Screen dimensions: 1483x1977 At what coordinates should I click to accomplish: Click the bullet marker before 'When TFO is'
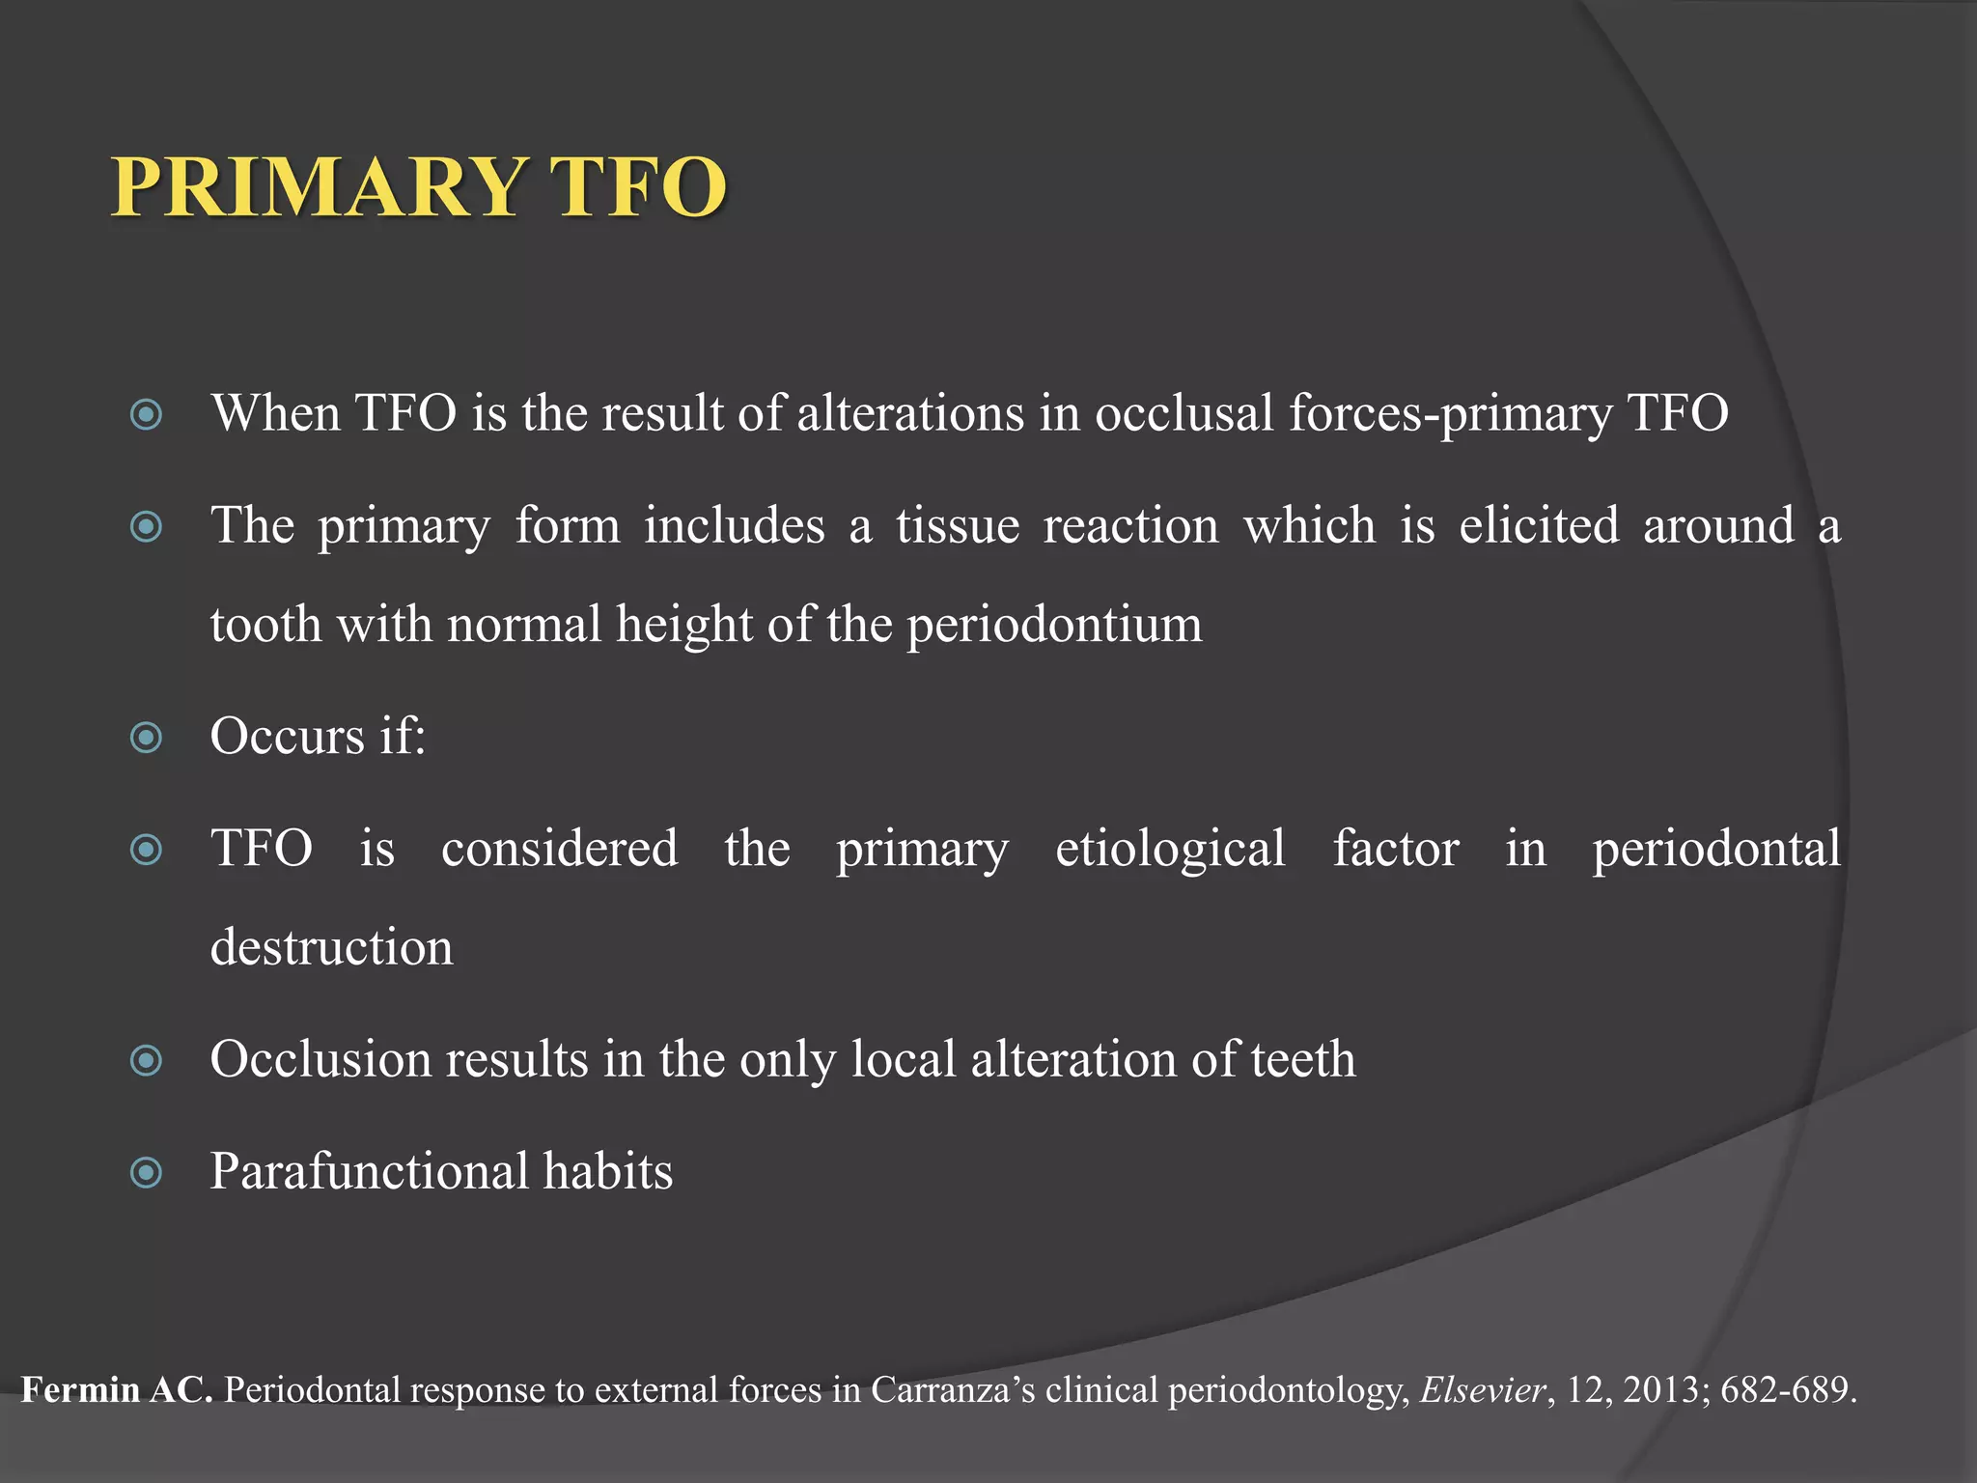(x=146, y=416)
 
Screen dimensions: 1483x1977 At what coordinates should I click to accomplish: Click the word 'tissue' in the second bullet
(x=957, y=526)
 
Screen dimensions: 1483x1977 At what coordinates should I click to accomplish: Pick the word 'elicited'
(x=1538, y=526)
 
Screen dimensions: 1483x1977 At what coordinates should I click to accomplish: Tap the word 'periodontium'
(x=1054, y=626)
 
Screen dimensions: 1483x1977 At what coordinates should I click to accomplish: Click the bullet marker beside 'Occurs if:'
(x=146, y=739)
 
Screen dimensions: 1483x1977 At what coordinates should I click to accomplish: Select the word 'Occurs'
(x=287, y=737)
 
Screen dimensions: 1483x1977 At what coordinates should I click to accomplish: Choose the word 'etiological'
(x=1170, y=849)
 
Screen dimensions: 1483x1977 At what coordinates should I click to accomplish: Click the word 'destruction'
(x=331, y=947)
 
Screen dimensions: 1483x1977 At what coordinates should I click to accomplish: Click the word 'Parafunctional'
(x=369, y=1171)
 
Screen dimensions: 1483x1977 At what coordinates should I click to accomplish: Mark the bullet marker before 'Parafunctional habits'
(x=146, y=1173)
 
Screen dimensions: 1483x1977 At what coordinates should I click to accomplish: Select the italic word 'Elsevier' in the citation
(x=1483, y=1390)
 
